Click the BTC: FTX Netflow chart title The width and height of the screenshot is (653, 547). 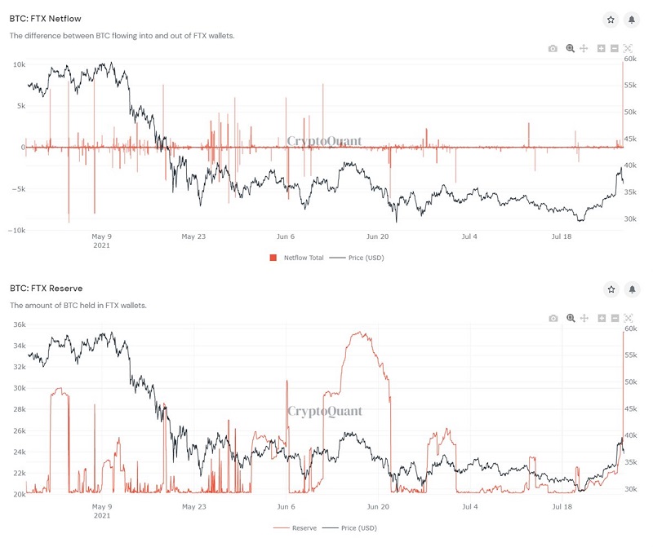click(46, 19)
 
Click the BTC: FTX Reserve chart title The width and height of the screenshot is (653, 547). click(47, 289)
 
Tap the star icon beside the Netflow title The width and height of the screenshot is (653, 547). click(611, 20)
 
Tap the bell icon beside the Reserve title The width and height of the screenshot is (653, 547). click(632, 289)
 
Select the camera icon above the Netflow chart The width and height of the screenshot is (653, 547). click(553, 49)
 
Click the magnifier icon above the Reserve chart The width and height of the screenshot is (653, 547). click(571, 318)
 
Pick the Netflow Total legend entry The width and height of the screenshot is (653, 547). click(296, 258)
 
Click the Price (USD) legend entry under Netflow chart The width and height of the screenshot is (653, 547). click(357, 258)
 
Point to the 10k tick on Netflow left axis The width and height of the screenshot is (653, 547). click(19, 65)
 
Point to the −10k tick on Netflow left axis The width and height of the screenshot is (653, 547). click(16, 231)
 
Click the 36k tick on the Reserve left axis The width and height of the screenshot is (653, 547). click(20, 324)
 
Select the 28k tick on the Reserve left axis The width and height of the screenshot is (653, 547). click(20, 409)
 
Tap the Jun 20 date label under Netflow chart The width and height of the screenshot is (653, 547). click(377, 236)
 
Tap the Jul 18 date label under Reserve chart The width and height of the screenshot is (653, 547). click(562, 507)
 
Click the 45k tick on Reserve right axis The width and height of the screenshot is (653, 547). click(631, 409)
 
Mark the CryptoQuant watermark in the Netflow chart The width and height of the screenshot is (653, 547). click(324, 141)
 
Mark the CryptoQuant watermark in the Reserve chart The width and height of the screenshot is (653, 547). click(325, 412)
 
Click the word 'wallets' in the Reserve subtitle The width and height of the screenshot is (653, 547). click(133, 306)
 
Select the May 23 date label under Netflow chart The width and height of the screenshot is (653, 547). click(193, 236)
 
